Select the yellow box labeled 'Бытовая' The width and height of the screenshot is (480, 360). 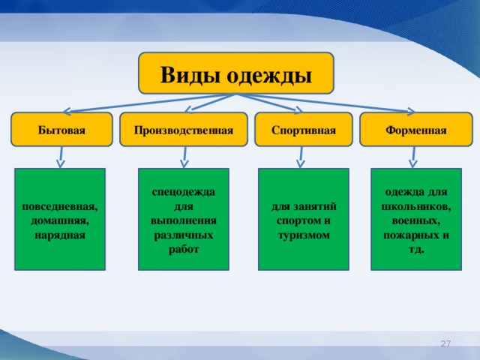point(61,130)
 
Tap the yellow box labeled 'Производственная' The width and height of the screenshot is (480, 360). point(184,130)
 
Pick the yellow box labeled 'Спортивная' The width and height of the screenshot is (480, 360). point(303,130)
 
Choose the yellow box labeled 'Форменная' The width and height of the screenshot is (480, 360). point(415,130)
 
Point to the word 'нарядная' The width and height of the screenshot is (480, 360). point(60,235)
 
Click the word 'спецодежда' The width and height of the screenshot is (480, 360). point(184,192)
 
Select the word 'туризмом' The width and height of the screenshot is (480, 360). point(303,235)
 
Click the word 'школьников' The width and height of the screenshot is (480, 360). point(415,206)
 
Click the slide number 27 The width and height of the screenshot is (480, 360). point(445,343)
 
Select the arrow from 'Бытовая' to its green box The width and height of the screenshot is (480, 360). point(61,155)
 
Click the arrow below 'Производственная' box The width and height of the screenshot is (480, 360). point(184,155)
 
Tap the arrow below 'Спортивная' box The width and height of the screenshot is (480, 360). point(301,155)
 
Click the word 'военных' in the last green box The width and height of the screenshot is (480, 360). point(415,220)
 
